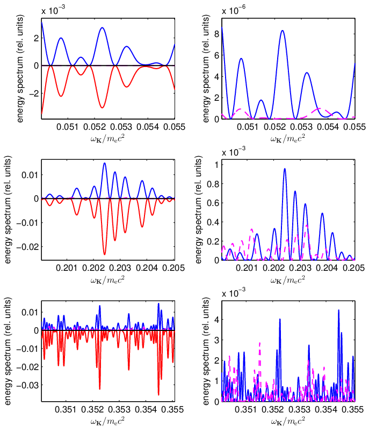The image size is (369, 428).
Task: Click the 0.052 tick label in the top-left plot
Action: pyautogui.click(x=95, y=127)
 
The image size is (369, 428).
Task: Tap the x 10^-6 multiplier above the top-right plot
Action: pyautogui.click(x=234, y=10)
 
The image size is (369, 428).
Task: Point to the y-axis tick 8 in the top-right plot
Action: pyautogui.click(x=217, y=34)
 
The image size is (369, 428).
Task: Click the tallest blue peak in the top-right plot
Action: pyautogui.click(x=283, y=31)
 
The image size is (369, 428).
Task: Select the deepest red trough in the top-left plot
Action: pyautogui.click(x=102, y=108)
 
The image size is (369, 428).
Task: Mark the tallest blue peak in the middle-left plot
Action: pyautogui.click(x=104, y=163)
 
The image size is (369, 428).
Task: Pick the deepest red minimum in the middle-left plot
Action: pyautogui.click(x=104, y=254)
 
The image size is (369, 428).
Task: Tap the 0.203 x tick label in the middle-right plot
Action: pyautogui.click(x=300, y=268)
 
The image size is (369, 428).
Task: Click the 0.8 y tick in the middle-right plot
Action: pyautogui.click(x=213, y=185)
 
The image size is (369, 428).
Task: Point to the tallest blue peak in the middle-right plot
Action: pyautogui.click(x=285, y=169)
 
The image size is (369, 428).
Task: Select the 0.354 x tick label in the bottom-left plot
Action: pyautogui.click(x=146, y=409)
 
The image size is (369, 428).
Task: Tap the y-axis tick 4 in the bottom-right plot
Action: pyautogui.click(x=217, y=319)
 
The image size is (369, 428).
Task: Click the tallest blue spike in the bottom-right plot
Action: pyautogui.click(x=339, y=310)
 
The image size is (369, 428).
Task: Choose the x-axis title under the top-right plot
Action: pyautogui.click(x=288, y=139)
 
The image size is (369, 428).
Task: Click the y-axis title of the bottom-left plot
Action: pyautogui.click(x=8, y=351)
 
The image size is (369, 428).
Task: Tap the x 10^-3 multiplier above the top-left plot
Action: pyautogui.click(x=53, y=10)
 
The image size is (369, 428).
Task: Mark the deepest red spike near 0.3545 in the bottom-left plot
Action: pyautogui.click(x=158, y=395)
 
